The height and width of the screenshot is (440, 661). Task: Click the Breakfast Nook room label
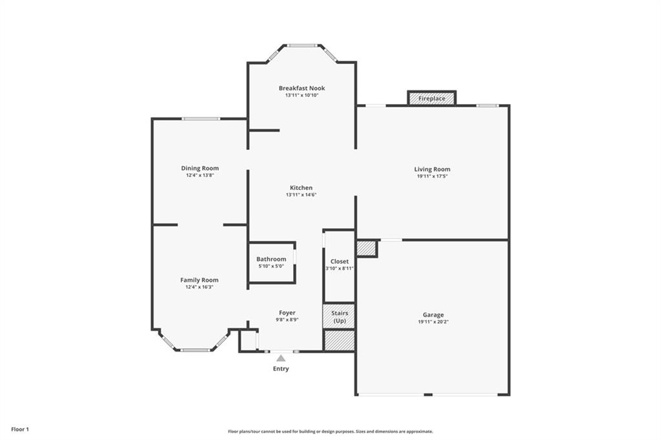point(301,88)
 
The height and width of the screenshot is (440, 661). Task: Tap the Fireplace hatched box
point(432,98)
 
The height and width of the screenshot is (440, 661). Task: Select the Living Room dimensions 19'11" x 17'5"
point(432,176)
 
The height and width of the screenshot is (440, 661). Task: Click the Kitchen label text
point(301,188)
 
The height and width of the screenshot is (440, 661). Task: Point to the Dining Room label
point(199,168)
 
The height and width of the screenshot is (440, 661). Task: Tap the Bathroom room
point(271,262)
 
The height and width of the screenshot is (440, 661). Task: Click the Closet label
point(340,262)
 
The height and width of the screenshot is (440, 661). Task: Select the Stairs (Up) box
point(339,317)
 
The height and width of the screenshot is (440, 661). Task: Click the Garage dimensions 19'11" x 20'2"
point(432,322)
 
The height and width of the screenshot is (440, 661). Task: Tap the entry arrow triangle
point(281,357)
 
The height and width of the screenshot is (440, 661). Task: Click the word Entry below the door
point(281,369)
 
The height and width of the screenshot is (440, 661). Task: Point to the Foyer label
point(287,313)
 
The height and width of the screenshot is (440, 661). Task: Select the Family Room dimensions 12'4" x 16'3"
point(199,287)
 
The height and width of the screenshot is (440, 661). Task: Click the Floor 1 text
point(19,429)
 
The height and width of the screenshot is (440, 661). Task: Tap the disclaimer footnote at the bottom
point(330,432)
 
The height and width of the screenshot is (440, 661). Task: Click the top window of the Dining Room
point(200,119)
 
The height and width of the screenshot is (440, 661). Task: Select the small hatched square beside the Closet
point(366,248)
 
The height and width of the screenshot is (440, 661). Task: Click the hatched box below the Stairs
point(339,340)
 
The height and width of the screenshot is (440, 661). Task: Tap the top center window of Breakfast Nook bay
point(301,45)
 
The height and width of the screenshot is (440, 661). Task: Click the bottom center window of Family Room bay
point(194,350)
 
